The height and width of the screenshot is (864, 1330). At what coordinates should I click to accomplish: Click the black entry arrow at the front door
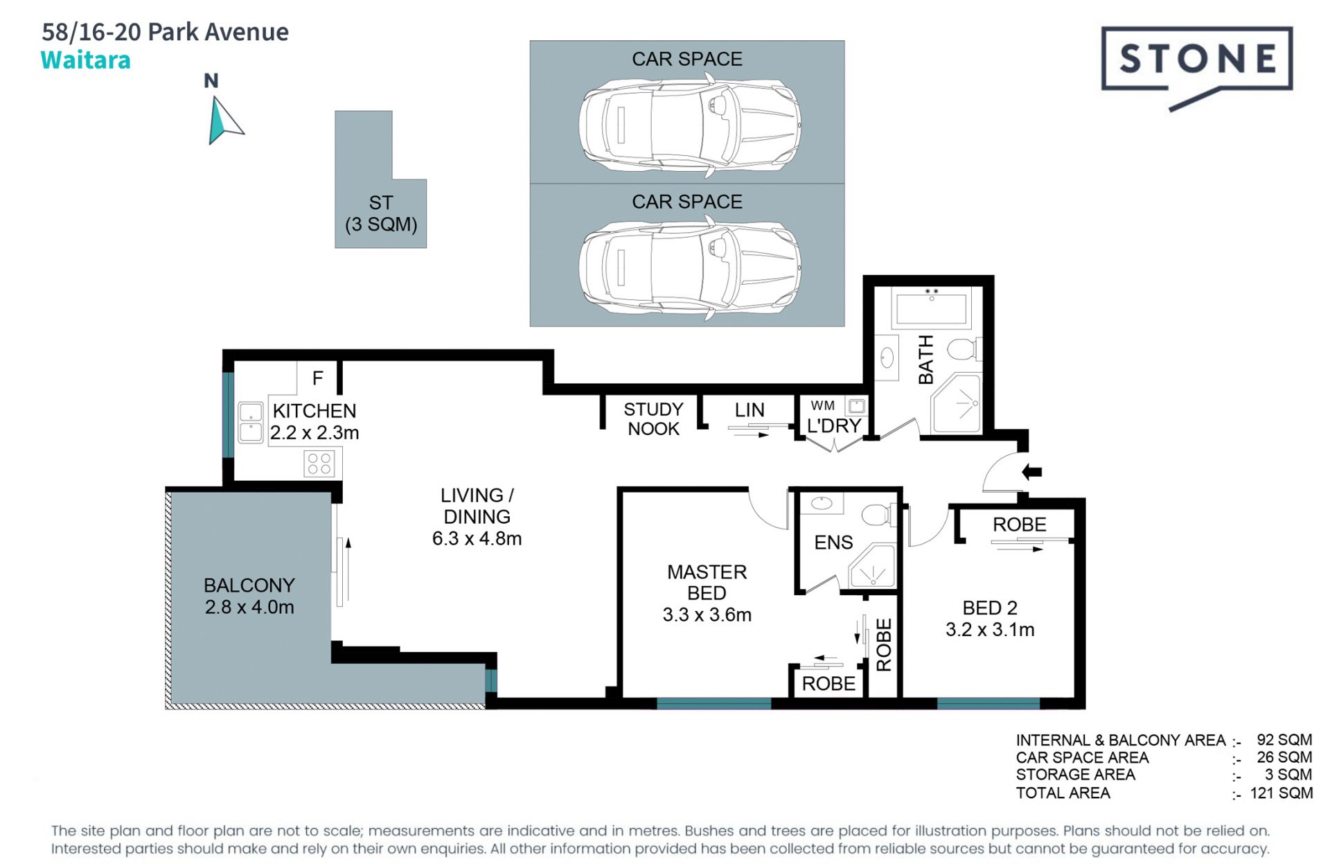[x=1031, y=472]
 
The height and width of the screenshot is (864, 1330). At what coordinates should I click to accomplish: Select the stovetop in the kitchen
[x=319, y=464]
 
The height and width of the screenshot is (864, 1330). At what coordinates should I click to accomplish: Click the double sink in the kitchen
[x=250, y=422]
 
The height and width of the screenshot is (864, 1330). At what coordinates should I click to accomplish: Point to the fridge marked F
[x=317, y=378]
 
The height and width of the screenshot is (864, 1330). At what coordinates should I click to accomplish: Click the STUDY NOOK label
[x=653, y=419]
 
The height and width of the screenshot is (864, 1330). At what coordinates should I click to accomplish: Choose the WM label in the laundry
[x=822, y=405]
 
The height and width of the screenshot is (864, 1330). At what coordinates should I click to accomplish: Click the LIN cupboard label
[x=750, y=410]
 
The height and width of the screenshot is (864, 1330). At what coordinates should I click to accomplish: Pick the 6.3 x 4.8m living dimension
[x=477, y=538]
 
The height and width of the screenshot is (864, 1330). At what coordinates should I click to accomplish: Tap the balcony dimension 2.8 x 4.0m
[x=249, y=607]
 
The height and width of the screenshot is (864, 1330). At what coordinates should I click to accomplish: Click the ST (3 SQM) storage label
[x=381, y=213]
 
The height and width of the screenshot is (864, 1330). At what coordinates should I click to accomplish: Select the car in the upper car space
[x=690, y=125]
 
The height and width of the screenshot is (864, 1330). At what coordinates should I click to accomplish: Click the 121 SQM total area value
[x=1282, y=793]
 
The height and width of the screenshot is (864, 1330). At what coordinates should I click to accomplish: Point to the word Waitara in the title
[x=85, y=60]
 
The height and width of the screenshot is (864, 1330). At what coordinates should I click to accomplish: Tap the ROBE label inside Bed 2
[x=1019, y=524]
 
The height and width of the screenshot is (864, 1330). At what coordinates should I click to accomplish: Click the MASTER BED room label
[x=707, y=582]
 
